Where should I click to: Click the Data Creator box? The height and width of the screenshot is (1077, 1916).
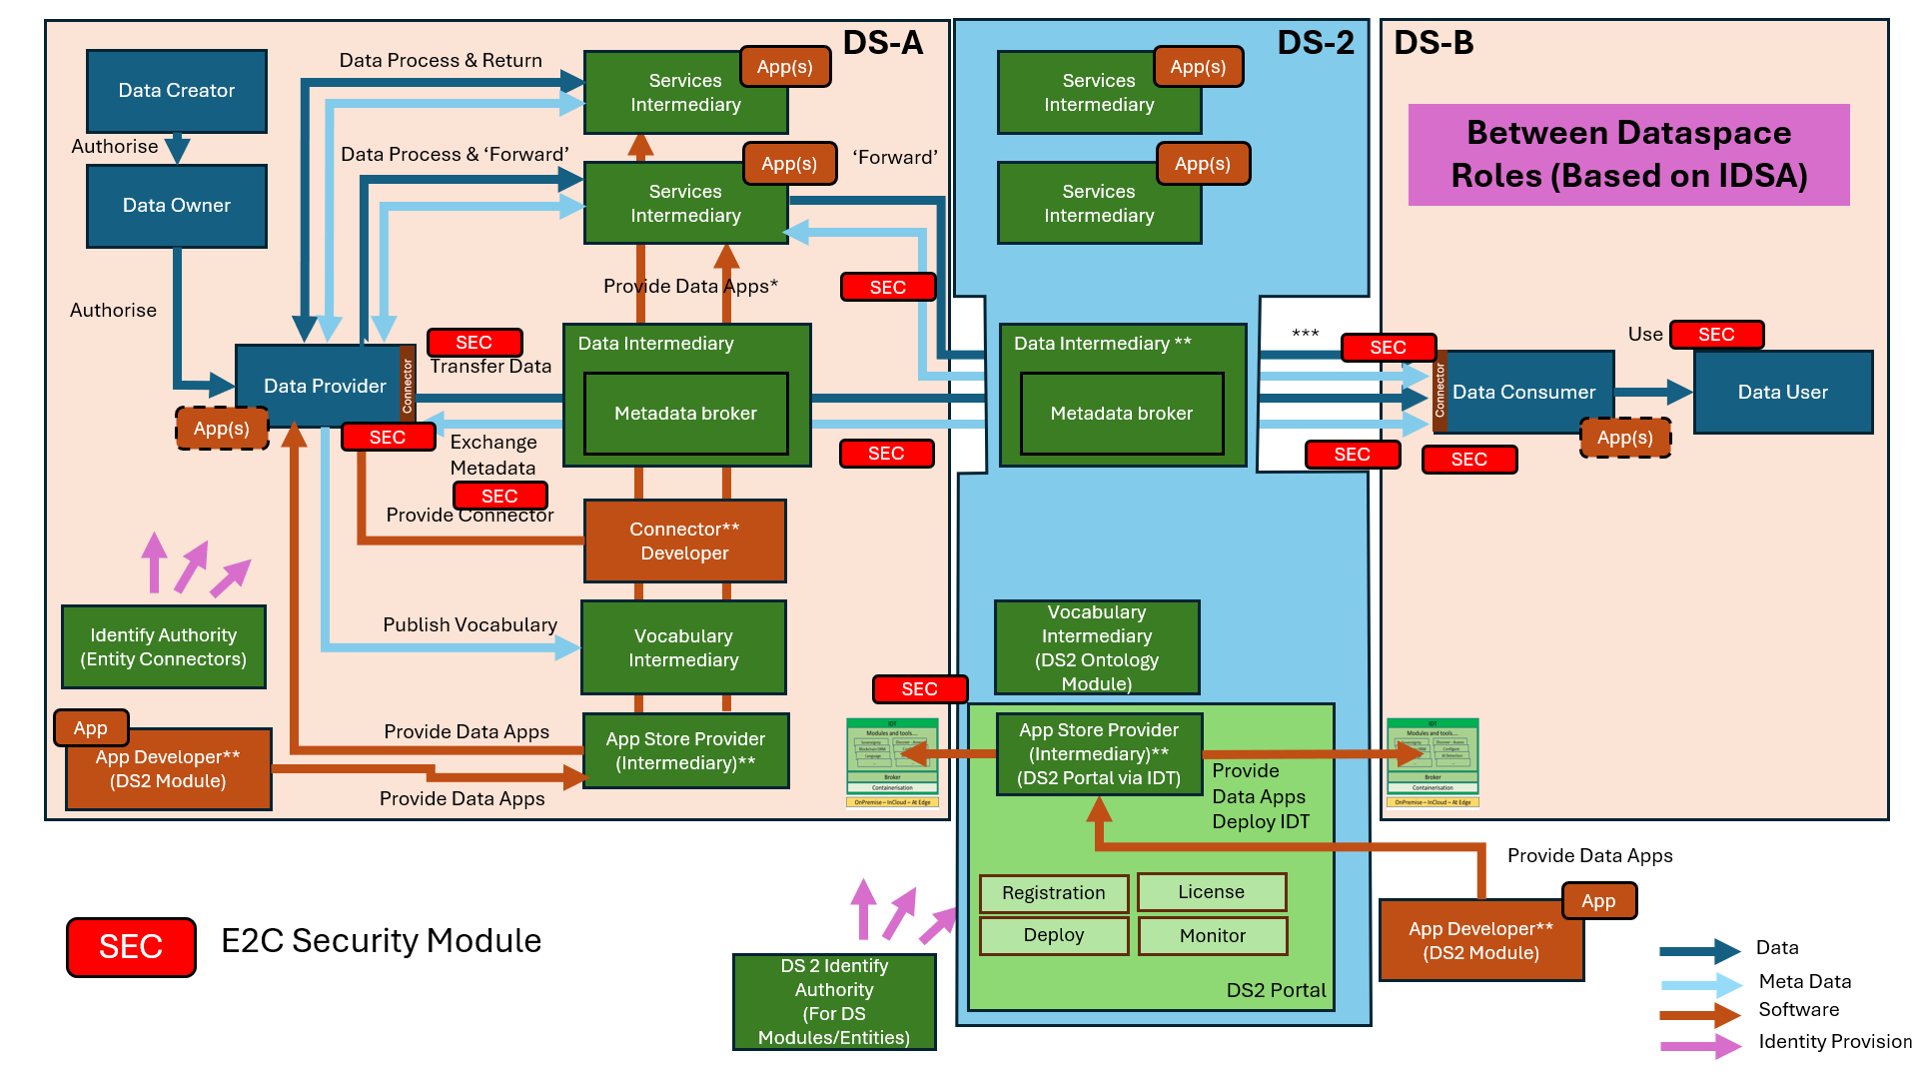pyautogui.click(x=177, y=91)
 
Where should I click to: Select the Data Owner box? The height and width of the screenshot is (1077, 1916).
pyautogui.click(x=177, y=206)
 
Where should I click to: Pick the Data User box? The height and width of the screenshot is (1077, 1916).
pyautogui.click(x=1783, y=392)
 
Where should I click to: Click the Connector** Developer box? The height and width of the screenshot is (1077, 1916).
pyautogui.click(x=685, y=540)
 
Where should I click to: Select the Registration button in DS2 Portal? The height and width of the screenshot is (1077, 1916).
pyautogui.click(x=1054, y=893)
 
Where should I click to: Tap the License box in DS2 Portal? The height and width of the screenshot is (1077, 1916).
pyautogui.click(x=1212, y=892)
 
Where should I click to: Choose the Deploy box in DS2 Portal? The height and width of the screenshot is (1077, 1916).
pyautogui.click(x=1054, y=935)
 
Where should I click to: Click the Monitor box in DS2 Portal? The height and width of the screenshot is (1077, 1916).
pyautogui.click(x=1213, y=936)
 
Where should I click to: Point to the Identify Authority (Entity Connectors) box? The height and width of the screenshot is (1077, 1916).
pyautogui.click(x=164, y=647)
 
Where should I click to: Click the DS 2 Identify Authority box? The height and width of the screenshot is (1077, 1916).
pyautogui.click(x=834, y=1002)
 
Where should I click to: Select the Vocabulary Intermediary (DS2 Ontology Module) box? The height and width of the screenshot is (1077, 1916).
pyautogui.click(x=1097, y=647)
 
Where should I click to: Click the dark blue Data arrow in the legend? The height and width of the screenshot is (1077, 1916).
pyautogui.click(x=1699, y=951)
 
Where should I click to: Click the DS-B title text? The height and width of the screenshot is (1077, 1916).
pyautogui.click(x=1434, y=43)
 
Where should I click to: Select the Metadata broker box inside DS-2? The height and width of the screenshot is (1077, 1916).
pyautogui.click(x=1122, y=414)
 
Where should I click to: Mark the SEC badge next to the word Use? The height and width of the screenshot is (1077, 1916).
pyautogui.click(x=1716, y=335)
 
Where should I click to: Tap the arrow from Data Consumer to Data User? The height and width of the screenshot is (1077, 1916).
pyautogui.click(x=1653, y=392)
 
